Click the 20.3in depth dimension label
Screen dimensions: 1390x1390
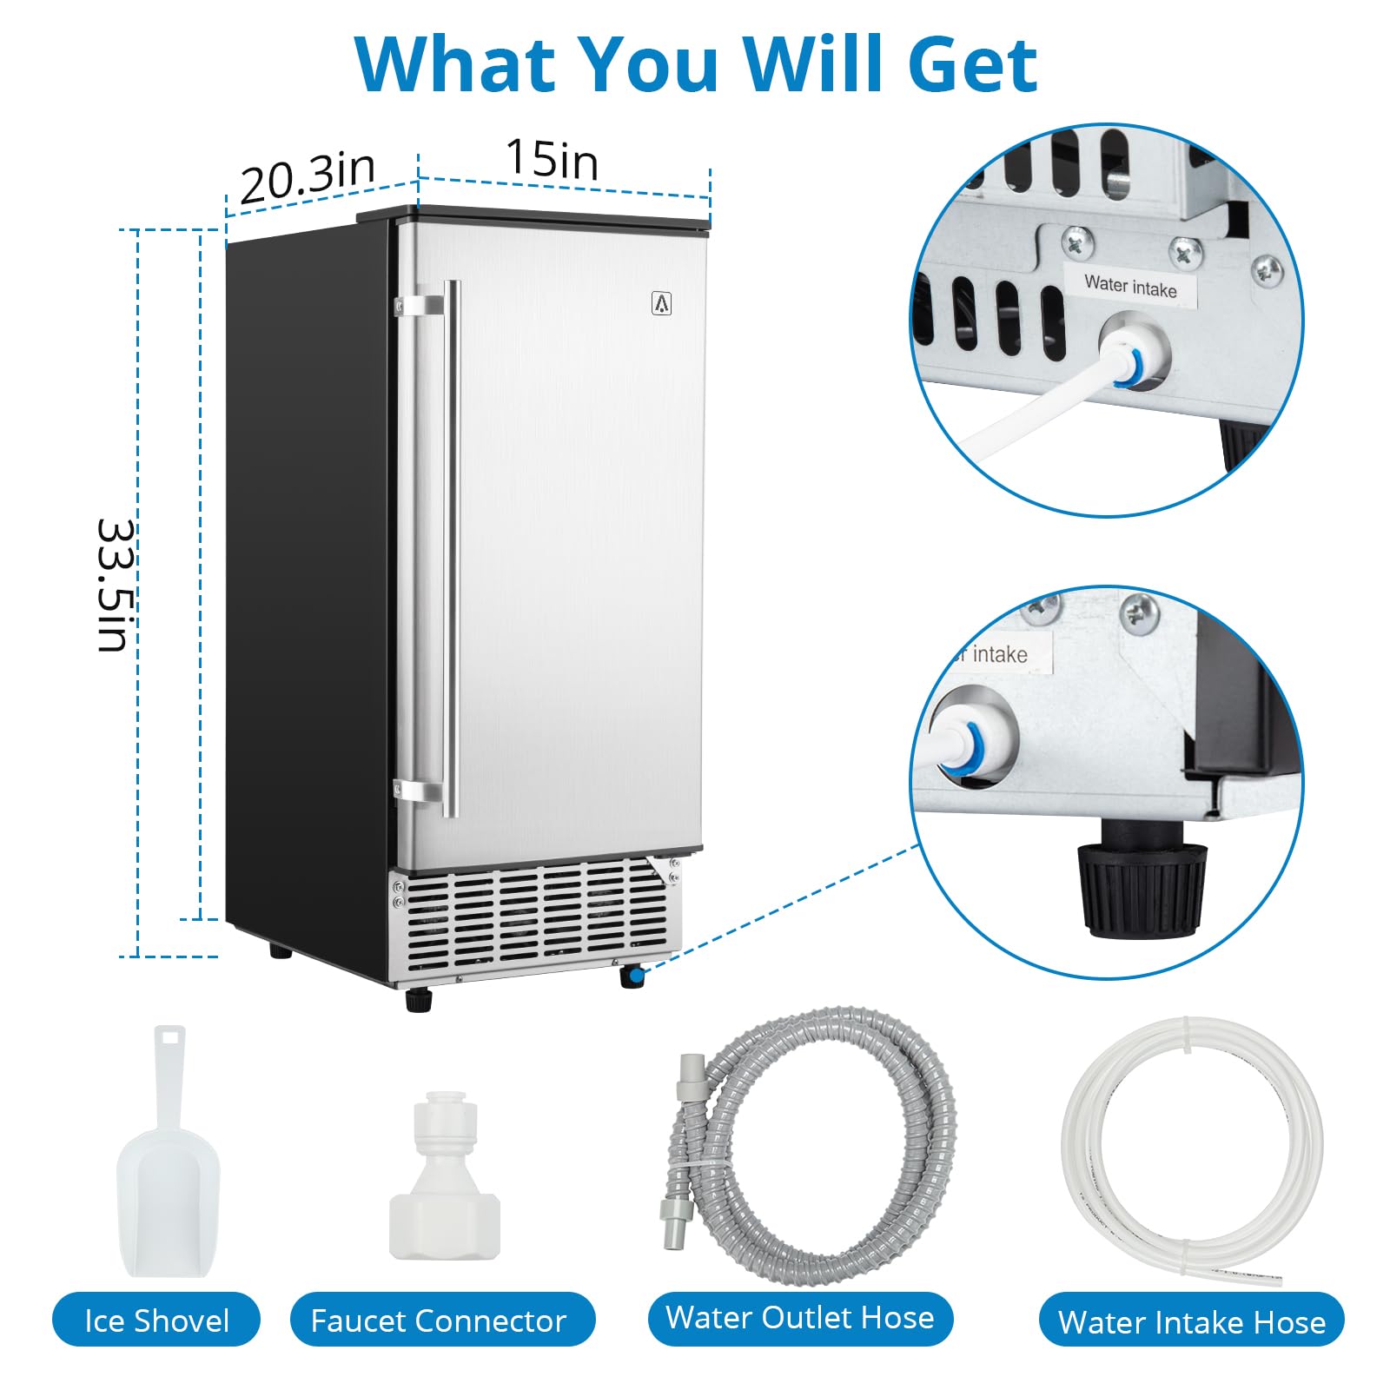tap(308, 177)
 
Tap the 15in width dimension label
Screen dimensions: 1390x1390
tap(553, 160)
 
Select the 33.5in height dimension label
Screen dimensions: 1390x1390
tap(115, 585)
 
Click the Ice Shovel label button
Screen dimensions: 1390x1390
tap(156, 1320)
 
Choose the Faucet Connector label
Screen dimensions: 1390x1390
tap(439, 1320)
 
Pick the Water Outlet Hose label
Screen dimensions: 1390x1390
tap(800, 1317)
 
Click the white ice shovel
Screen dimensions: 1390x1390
tap(169, 1155)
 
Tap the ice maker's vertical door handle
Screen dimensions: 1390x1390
tap(450, 549)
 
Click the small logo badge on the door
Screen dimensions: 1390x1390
tap(662, 303)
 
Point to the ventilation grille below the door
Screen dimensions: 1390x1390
tap(537, 917)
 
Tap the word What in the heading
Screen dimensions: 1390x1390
tap(455, 63)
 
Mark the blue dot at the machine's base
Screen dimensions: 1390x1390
tap(636, 977)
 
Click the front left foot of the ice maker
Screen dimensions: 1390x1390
tap(420, 1000)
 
